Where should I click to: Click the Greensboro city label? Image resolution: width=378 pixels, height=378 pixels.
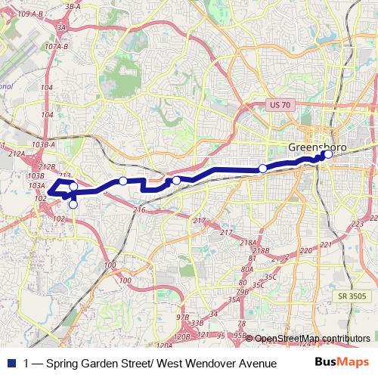(x=318, y=146)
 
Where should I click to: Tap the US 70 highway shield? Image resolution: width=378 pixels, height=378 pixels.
(x=282, y=107)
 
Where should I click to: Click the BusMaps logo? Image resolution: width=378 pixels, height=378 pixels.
(x=342, y=363)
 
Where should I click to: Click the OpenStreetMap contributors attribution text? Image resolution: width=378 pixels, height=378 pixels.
(x=312, y=338)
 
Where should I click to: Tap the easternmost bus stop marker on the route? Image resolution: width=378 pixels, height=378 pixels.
(x=327, y=154)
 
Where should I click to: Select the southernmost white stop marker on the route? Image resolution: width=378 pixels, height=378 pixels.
(x=73, y=204)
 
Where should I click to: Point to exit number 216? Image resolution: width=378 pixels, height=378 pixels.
(x=138, y=209)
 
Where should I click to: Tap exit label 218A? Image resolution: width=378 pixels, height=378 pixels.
(x=248, y=242)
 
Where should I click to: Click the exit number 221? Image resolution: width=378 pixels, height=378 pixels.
(x=326, y=245)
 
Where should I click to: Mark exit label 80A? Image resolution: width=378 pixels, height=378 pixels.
(x=247, y=269)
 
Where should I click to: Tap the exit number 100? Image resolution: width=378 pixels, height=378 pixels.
(x=110, y=265)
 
